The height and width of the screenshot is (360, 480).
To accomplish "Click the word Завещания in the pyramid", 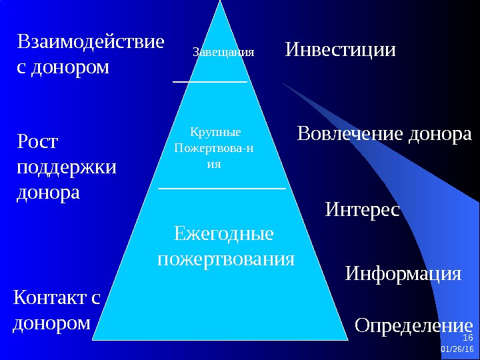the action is pyautogui.click(x=223, y=51).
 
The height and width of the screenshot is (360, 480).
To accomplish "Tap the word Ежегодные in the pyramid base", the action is pyautogui.click(x=223, y=235).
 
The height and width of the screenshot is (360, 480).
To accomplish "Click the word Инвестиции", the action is pyautogui.click(x=341, y=50).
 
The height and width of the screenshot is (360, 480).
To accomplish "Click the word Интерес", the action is pyautogui.click(x=362, y=211).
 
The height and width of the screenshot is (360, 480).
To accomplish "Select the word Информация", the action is pyautogui.click(x=403, y=273).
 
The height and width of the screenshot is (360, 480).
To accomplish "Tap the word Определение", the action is pyautogui.click(x=413, y=326).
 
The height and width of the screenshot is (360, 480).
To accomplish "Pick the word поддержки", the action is pyautogui.click(x=65, y=167).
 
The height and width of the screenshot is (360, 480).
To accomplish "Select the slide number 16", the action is pyautogui.click(x=467, y=339).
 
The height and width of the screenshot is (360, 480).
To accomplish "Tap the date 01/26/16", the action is pyautogui.click(x=458, y=349).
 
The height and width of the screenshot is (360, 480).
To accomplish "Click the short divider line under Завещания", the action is pyautogui.click(x=210, y=81).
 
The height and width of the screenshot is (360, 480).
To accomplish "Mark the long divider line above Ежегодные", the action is pyautogui.click(x=221, y=189).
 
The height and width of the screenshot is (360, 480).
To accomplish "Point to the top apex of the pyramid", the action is pyautogui.click(x=219, y=3).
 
